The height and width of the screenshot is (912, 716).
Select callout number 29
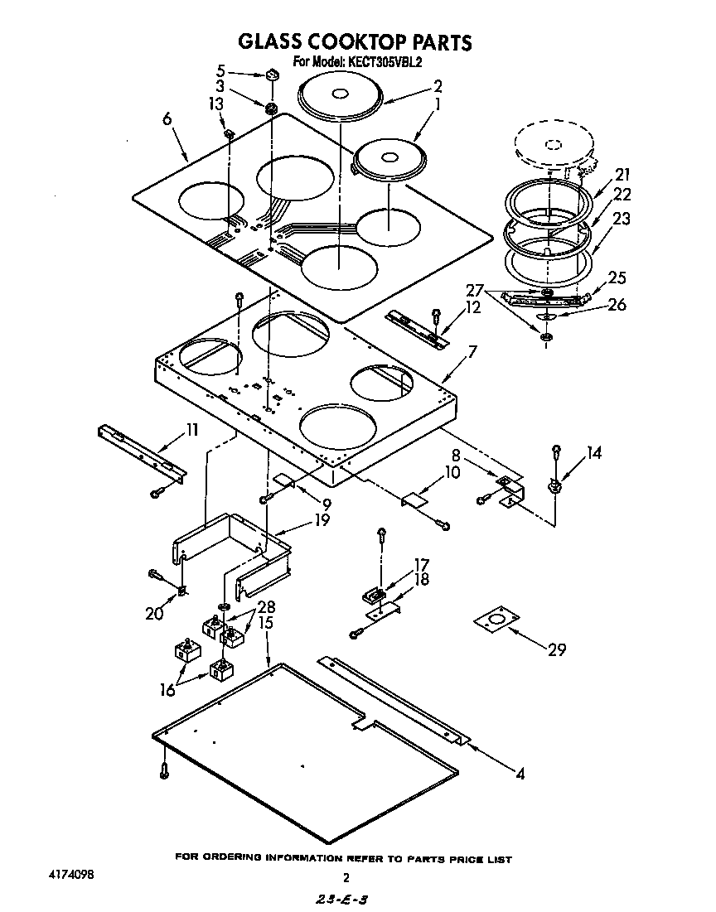[557, 650]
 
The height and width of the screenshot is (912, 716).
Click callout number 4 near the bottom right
[520, 775]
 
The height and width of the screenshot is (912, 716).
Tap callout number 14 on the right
[593, 453]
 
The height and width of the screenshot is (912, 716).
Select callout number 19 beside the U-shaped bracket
[321, 521]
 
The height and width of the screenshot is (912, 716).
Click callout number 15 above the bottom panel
[266, 622]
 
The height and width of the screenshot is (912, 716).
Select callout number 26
[616, 305]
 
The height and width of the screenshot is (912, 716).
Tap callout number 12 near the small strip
[472, 308]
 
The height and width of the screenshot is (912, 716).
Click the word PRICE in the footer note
[468, 859]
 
